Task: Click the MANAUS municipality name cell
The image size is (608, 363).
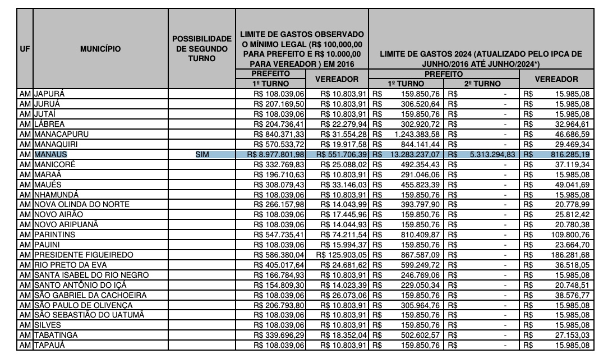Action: click(x=50, y=153)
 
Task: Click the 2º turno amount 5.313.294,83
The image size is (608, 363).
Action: click(x=485, y=153)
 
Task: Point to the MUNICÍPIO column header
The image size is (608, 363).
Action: click(x=100, y=48)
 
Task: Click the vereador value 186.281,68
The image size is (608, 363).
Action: click(x=569, y=255)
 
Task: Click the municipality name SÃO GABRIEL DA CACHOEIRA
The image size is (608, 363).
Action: click(x=90, y=295)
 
